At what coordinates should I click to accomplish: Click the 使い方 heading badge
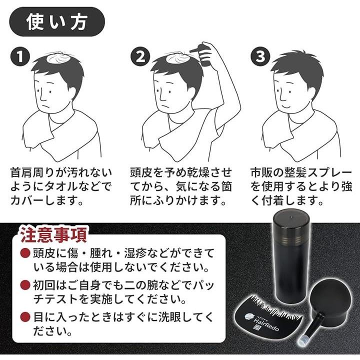(x=57, y=22)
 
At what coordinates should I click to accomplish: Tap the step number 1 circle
(x=20, y=56)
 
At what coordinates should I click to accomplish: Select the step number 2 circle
(x=140, y=56)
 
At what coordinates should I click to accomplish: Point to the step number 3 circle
(x=260, y=56)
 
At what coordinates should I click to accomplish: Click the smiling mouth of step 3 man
(x=286, y=106)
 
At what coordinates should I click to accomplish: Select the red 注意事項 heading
(x=53, y=234)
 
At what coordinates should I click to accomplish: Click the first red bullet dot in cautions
(x=25, y=253)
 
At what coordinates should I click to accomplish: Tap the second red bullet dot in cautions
(x=25, y=285)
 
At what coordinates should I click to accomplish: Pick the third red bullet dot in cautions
(x=25, y=317)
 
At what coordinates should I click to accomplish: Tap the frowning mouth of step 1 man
(x=47, y=107)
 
